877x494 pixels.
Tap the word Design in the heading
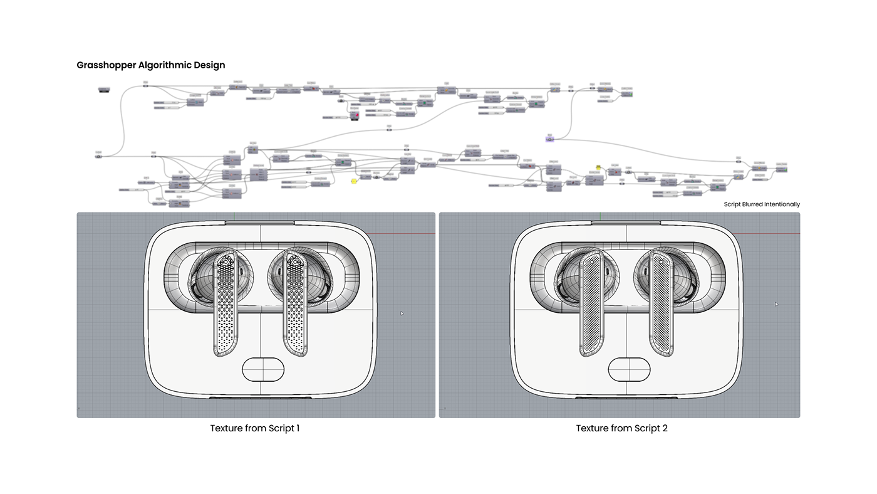tap(209, 65)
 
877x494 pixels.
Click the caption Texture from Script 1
tap(255, 428)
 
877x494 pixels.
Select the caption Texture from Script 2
tap(621, 428)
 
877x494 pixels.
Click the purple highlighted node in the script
tap(549, 139)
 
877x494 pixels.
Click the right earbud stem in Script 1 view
tap(295, 301)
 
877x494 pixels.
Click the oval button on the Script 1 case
tap(263, 369)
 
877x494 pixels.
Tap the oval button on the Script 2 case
tap(629, 369)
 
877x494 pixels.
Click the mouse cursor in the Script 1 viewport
tap(402, 313)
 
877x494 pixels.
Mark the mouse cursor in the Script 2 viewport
tap(776, 304)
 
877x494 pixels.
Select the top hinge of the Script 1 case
tap(259, 222)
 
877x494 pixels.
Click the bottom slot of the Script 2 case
tap(625, 398)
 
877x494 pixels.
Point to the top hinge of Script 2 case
tap(625, 222)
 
